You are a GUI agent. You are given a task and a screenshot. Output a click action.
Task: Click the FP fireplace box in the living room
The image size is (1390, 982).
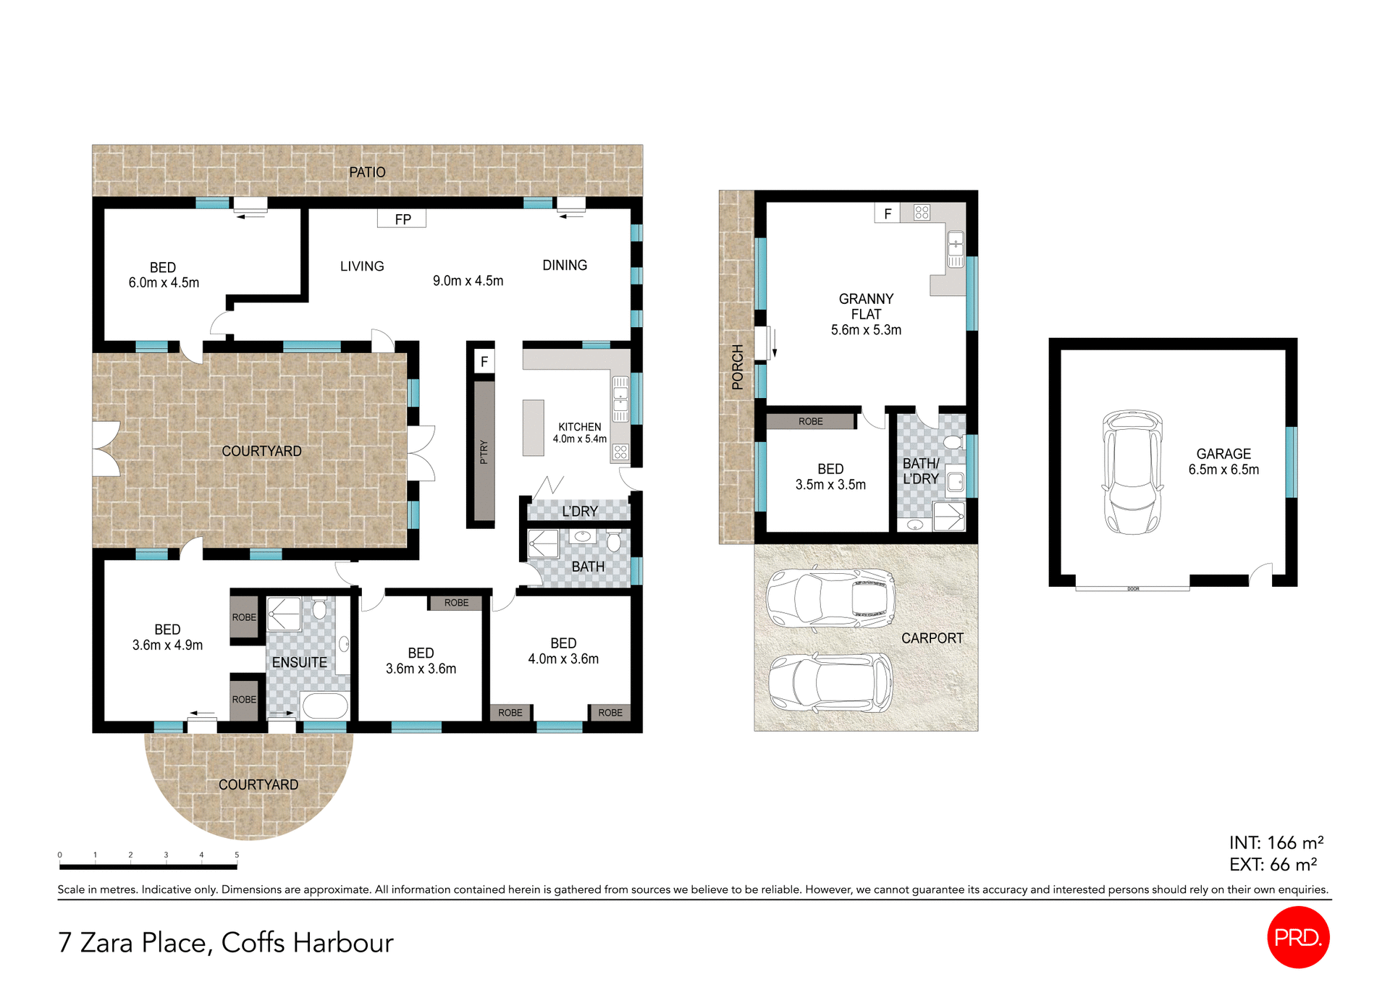coord(402,219)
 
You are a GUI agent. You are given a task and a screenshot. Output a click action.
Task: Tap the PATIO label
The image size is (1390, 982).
coord(367,172)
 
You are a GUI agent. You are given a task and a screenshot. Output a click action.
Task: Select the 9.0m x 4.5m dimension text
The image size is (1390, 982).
coord(468,281)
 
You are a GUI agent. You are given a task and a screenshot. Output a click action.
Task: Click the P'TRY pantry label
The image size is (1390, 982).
coord(484,452)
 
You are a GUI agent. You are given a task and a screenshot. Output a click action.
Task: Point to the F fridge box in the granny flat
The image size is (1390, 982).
coord(887,213)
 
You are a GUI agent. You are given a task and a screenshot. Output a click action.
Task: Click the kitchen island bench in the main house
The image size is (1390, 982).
coord(533,428)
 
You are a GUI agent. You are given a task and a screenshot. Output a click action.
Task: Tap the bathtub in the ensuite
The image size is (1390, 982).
coord(325,706)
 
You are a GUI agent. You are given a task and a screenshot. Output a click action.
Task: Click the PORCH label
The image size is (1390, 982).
coord(737,367)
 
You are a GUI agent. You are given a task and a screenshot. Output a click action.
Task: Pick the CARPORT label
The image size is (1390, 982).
coord(932,638)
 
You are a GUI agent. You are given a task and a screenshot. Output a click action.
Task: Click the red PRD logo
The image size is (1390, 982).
coord(1298,937)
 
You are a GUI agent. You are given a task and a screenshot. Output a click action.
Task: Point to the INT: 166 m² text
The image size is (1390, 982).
coord(1276,843)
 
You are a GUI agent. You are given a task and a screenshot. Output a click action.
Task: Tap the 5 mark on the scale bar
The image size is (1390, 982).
coord(237,855)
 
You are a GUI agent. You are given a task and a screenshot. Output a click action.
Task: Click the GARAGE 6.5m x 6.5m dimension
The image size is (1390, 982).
coord(1223,470)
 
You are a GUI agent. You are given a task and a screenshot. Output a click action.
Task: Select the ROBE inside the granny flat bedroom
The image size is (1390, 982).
coord(810,421)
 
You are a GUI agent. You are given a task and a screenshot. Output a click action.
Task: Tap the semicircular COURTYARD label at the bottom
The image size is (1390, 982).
coord(258,785)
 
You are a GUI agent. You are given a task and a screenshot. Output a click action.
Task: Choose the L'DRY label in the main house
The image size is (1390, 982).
coord(579,512)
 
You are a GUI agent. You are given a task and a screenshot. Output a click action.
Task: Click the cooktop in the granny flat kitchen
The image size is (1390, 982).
coord(922,213)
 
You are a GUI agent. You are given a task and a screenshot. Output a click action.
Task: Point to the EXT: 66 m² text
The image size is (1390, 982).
coord(1272,865)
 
